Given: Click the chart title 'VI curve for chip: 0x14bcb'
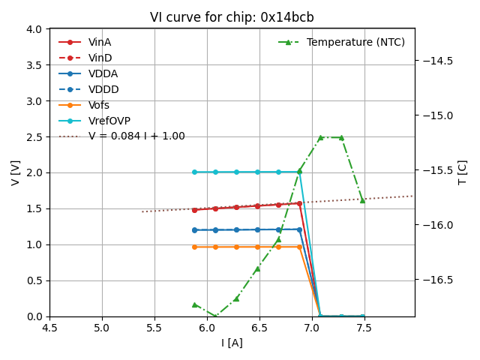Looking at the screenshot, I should [232, 17].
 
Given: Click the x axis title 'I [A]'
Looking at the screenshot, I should [232, 343].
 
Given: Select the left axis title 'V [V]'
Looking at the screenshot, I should [16, 172].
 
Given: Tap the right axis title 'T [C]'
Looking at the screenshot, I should [462, 172].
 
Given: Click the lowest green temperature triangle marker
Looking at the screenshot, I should [215, 316].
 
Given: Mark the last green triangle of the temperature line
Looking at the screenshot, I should [362, 200].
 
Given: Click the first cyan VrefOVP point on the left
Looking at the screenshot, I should [194, 172].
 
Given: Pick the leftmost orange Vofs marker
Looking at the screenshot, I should [194, 247].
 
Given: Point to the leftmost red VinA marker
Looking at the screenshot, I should [194, 210].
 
